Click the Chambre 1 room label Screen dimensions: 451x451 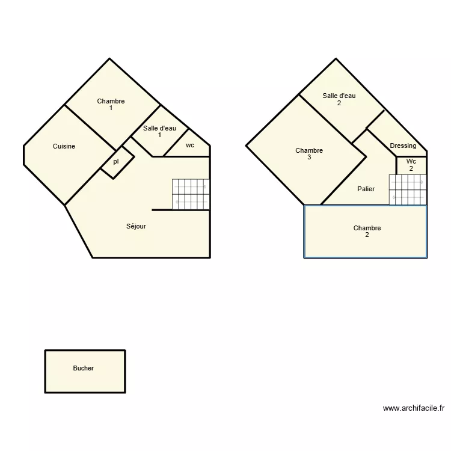111,105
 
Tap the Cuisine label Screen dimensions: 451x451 64,146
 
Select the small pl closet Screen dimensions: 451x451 117,162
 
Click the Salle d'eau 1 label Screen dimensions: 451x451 159,131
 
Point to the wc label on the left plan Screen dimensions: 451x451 190,146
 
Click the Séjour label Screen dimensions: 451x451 136,227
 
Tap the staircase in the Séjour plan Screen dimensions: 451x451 191,194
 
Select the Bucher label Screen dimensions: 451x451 83,368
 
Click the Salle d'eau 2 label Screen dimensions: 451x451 339,99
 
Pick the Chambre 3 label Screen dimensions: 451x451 309,154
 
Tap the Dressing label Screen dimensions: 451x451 403,146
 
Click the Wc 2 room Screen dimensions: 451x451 411,165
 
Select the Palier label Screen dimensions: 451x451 366,189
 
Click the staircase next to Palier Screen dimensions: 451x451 407,189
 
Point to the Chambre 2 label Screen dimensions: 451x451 367,232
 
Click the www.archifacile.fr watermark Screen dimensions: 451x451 413,408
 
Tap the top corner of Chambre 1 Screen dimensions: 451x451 109,59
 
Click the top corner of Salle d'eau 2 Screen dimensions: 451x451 336,59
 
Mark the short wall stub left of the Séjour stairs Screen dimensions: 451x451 162,210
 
